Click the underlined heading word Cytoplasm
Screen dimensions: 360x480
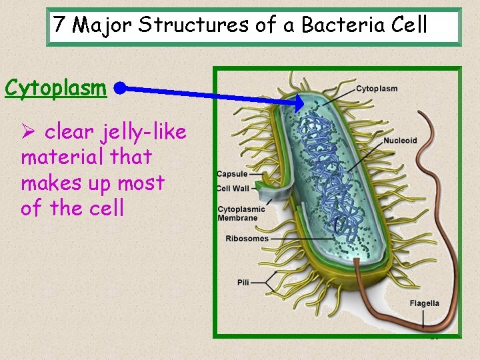pyautogui.click(x=55, y=88)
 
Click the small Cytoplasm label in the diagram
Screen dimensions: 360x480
pyautogui.click(x=377, y=89)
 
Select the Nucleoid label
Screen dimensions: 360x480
pyautogui.click(x=400, y=141)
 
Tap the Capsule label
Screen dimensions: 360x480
pyautogui.click(x=232, y=175)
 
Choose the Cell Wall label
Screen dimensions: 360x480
pyautogui.click(x=233, y=189)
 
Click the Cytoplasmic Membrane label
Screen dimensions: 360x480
pyautogui.click(x=241, y=213)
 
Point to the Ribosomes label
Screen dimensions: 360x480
pyautogui.click(x=247, y=238)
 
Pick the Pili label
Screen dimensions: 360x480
pyautogui.click(x=243, y=283)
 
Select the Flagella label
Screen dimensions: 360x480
pyautogui.click(x=425, y=303)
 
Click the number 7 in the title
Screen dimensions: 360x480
pyautogui.click(x=60, y=26)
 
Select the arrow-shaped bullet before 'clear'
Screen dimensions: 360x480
pyautogui.click(x=29, y=133)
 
